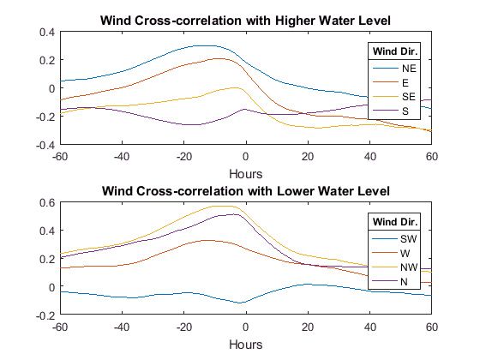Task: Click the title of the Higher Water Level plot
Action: coord(247,20)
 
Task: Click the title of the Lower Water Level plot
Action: coord(247,190)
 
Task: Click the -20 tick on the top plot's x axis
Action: coord(184,156)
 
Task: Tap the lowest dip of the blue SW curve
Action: coord(243,303)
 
